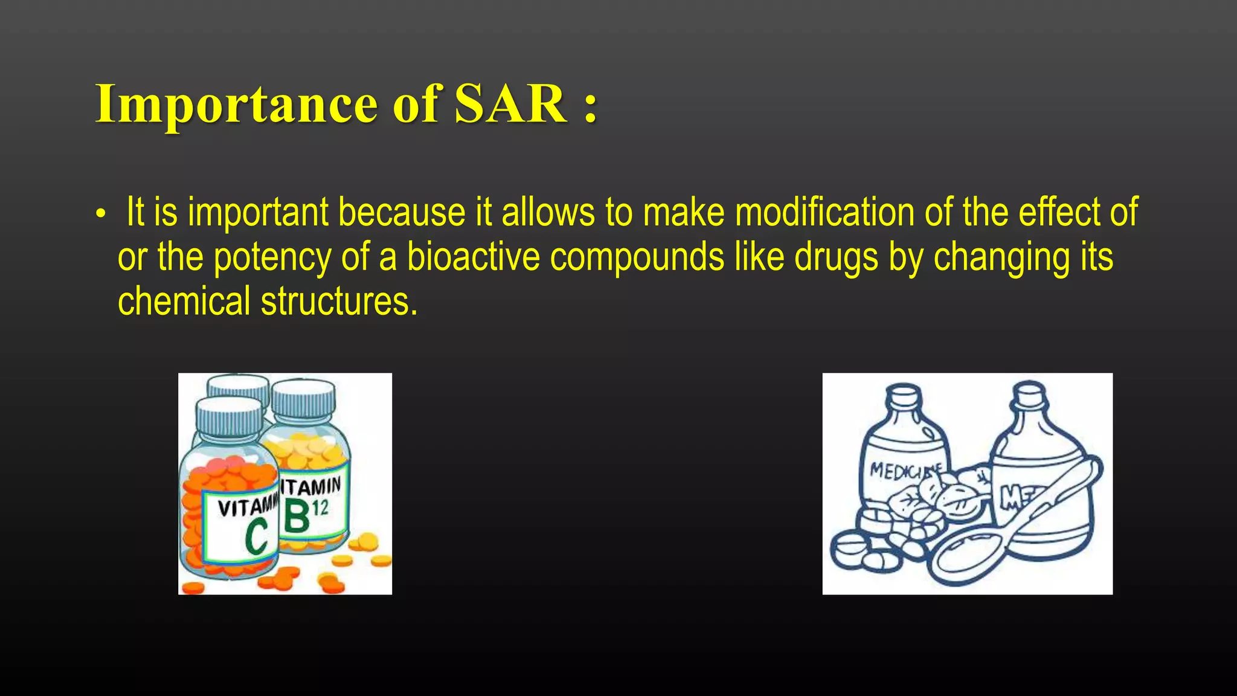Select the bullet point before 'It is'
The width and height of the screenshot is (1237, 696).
pyautogui.click(x=101, y=215)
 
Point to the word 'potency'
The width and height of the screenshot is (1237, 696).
pyautogui.click(x=272, y=258)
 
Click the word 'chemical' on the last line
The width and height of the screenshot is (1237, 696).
pyautogui.click(x=184, y=301)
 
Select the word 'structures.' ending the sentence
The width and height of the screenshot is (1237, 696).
pyautogui.click(x=339, y=301)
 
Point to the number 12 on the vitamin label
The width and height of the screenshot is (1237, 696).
pyautogui.click(x=321, y=507)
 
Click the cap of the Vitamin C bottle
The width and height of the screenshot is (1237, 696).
pyautogui.click(x=230, y=417)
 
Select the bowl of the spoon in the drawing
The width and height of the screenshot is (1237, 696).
pyautogui.click(x=966, y=556)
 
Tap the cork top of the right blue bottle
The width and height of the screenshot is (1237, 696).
pyautogui.click(x=1029, y=392)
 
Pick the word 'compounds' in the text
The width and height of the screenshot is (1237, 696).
pyautogui.click(x=637, y=257)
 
